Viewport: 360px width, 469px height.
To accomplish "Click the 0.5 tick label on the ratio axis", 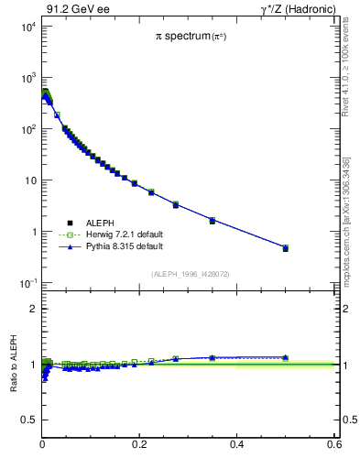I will click(x=28, y=420).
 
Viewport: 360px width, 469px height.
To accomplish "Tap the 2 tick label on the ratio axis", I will click(x=32, y=310).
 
